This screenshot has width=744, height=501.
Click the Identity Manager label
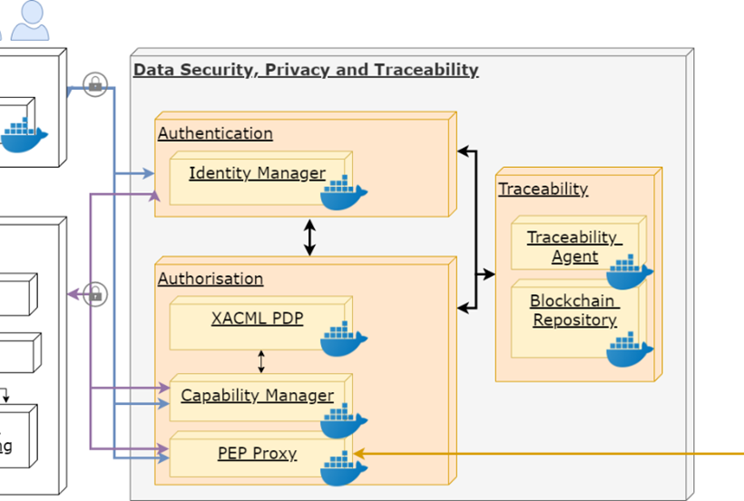pos(257,172)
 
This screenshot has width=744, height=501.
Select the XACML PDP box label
pos(257,319)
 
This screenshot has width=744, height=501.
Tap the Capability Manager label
pos(257,396)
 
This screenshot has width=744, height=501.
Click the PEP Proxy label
pos(257,453)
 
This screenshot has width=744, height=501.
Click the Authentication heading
pos(215,133)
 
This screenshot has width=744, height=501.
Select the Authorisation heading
pos(210,279)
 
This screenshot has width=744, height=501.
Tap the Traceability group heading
pos(543,189)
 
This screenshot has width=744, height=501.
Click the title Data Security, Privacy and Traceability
pos(306,70)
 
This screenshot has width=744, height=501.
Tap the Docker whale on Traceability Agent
pos(630,271)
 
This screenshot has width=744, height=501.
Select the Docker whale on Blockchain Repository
pos(630,349)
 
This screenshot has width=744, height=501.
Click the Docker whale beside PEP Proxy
pos(344,468)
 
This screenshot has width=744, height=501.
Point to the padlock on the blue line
pos(94,84)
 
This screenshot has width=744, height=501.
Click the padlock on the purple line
pos(94,294)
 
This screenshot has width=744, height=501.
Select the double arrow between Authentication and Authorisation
pos(309,237)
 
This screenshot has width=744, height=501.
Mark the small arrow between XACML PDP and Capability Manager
pos(261,362)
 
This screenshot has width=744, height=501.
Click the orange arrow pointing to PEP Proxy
pos(544,453)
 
